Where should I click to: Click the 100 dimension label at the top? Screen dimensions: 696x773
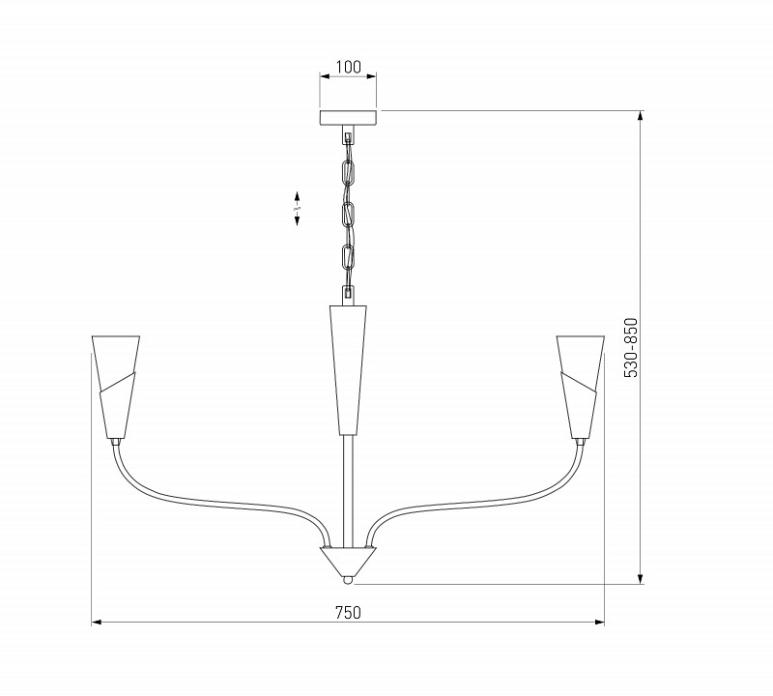348,68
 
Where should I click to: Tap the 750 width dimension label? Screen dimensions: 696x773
348,612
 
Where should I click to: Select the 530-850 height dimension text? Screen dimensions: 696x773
631,348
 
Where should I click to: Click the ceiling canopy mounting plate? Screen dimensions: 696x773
348,118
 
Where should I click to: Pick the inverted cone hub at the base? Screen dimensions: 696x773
348,560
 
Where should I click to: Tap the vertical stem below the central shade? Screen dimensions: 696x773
348,483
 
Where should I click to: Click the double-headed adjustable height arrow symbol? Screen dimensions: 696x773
297,208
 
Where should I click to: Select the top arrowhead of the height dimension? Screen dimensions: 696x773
641,115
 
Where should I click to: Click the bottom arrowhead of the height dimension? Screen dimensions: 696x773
641,579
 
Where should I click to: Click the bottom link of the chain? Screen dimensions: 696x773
348,258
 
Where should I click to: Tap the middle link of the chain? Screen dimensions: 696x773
348,214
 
